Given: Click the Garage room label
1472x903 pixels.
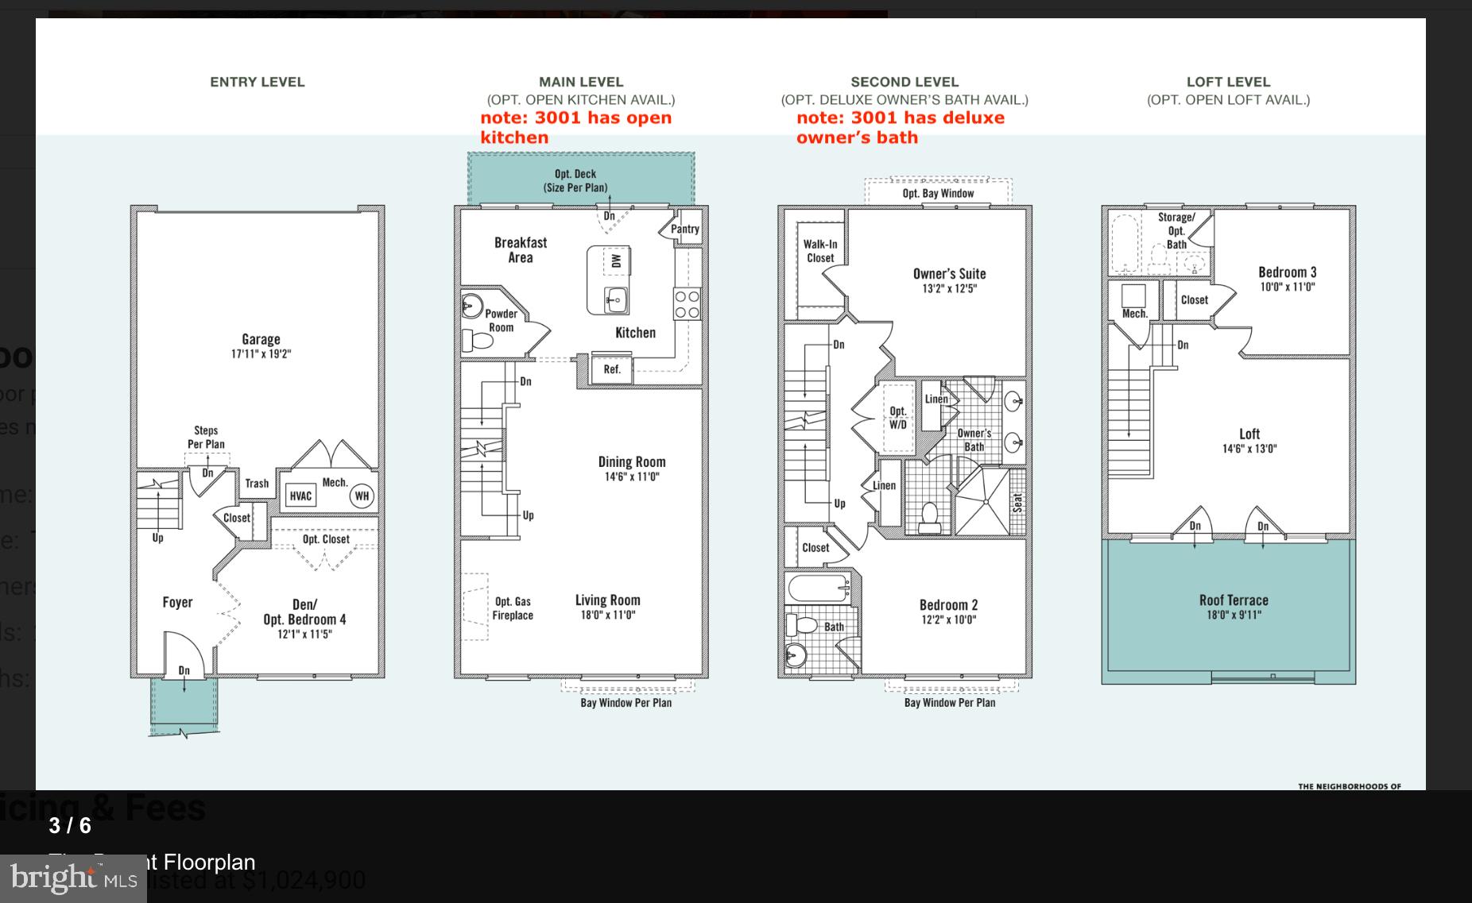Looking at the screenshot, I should click(x=261, y=339).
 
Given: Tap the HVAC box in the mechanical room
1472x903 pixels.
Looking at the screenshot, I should click(x=300, y=496).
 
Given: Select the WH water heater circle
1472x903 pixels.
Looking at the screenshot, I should click(x=362, y=496).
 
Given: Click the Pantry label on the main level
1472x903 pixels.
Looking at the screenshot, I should click(x=684, y=229).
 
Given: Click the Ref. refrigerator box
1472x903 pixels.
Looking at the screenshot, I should click(x=611, y=369).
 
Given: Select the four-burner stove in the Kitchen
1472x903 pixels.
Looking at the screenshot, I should click(x=688, y=304).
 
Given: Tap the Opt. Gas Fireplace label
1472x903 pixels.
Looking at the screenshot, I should click(x=513, y=608).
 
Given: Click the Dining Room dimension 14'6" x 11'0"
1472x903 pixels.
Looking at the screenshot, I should click(x=631, y=477).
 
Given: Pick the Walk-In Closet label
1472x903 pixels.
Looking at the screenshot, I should click(x=820, y=251).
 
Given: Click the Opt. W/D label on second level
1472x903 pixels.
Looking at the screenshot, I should click(x=897, y=418).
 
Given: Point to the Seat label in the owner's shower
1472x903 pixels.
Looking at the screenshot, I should click(x=1017, y=503).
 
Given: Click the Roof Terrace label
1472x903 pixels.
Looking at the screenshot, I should click(x=1234, y=600).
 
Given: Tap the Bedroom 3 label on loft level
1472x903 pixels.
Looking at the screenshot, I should click(x=1287, y=272).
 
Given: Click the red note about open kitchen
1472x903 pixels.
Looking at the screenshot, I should click(x=576, y=127).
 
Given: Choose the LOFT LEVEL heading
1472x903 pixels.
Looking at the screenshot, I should click(x=1228, y=82).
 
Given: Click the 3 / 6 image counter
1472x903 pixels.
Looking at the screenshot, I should click(x=70, y=826).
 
